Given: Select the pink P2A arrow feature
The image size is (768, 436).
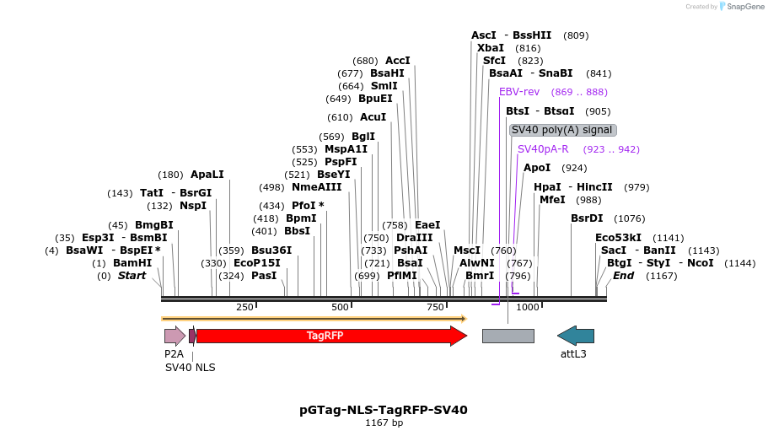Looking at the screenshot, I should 175,336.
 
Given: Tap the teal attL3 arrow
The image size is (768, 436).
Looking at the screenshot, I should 576,336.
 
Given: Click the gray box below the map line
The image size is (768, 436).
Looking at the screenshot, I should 508,336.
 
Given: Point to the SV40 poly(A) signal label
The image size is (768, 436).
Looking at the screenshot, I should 562,130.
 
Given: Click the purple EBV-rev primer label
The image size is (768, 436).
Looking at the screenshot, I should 519,92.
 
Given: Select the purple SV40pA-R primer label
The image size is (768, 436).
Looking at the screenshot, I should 543,149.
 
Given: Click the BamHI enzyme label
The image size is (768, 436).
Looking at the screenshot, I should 132,263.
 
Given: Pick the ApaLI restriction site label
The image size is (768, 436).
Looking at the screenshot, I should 207,175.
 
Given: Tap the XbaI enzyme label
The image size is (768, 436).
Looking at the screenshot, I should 491,48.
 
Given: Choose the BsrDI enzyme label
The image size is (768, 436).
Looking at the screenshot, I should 588,218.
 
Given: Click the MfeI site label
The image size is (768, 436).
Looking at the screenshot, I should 552,200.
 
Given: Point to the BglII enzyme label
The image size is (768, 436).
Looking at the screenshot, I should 363,137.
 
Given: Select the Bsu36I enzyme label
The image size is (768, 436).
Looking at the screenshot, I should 271,250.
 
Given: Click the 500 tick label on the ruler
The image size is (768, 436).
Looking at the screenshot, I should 341,307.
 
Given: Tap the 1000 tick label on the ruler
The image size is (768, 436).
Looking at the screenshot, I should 528,307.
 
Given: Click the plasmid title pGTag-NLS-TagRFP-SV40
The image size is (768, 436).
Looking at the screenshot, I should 384,410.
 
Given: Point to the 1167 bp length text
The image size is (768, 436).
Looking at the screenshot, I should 384,423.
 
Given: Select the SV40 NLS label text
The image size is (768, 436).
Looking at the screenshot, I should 191,368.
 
